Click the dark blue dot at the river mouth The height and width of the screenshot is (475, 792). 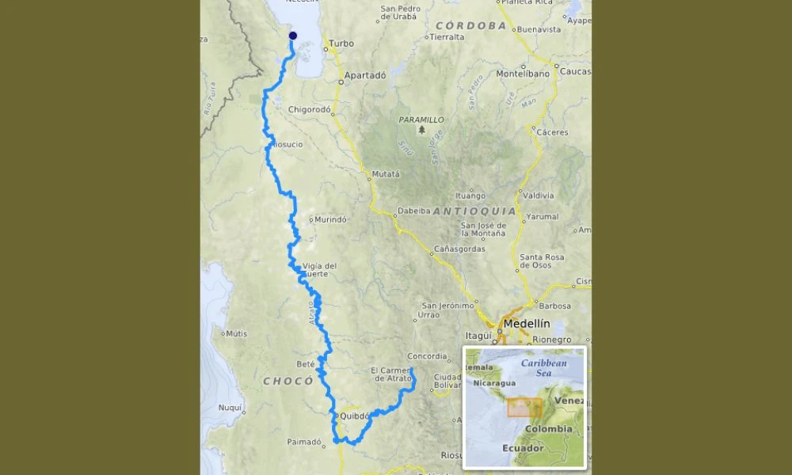click(x=293, y=36)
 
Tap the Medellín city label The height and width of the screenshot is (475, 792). click(x=526, y=323)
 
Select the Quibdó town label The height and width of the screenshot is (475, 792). click(x=355, y=416)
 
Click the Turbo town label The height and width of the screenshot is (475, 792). click(x=341, y=44)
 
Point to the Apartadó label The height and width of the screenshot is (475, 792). click(x=366, y=75)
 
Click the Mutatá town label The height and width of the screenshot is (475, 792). click(x=385, y=174)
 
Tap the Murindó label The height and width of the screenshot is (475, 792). click(x=331, y=219)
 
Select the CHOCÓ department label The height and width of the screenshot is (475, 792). click(x=288, y=381)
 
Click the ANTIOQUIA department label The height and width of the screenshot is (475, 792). click(x=474, y=211)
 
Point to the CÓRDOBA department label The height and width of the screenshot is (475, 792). click(x=466, y=25)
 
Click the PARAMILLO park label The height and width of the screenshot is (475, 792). click(x=421, y=120)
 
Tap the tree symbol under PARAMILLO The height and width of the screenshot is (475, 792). click(x=421, y=129)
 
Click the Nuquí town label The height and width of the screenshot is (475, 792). click(x=230, y=408)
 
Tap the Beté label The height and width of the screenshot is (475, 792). click(x=305, y=364)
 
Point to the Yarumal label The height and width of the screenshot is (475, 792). click(x=543, y=216)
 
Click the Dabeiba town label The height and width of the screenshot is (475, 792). click(x=413, y=211)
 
